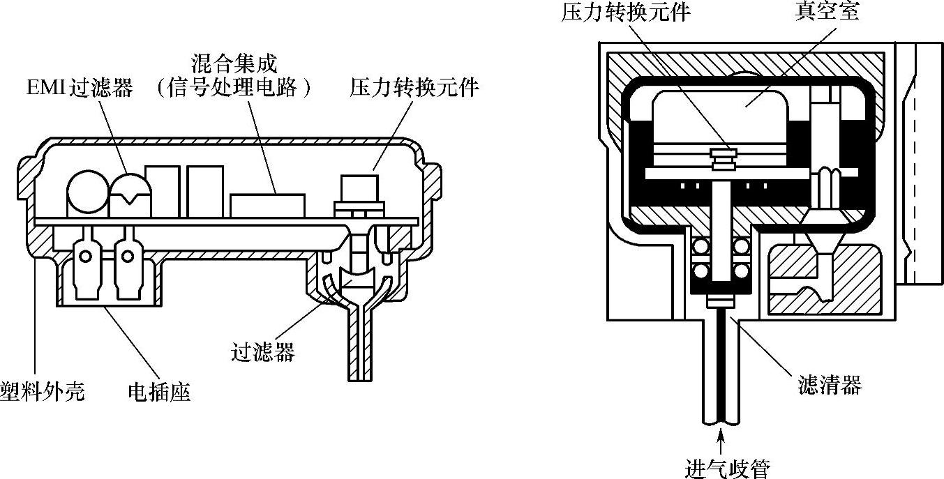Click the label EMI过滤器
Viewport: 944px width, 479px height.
click(x=77, y=89)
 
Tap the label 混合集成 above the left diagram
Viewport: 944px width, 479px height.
click(x=234, y=64)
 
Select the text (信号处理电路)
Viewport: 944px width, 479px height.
click(x=234, y=89)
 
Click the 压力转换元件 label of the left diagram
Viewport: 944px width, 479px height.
click(x=415, y=89)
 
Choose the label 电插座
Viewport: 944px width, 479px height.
click(x=159, y=392)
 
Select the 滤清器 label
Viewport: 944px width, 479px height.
click(x=830, y=384)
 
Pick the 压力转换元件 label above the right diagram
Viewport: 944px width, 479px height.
click(x=625, y=13)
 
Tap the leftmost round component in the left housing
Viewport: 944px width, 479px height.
click(x=87, y=192)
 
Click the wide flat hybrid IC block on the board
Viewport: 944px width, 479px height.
click(x=267, y=205)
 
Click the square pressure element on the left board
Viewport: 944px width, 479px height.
click(x=359, y=188)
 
